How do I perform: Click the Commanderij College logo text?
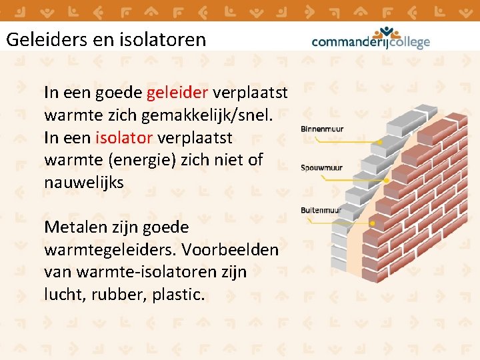click(x=371, y=43)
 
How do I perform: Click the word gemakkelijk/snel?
click(x=207, y=115)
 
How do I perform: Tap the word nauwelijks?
click(x=84, y=183)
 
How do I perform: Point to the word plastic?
click(x=177, y=295)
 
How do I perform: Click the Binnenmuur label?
click(x=322, y=129)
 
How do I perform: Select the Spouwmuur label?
click(x=322, y=167)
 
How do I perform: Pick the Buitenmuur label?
click(x=321, y=210)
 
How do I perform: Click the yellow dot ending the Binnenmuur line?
click(x=380, y=142)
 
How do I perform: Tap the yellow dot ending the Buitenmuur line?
click(x=373, y=223)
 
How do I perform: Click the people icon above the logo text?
click(x=386, y=31)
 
